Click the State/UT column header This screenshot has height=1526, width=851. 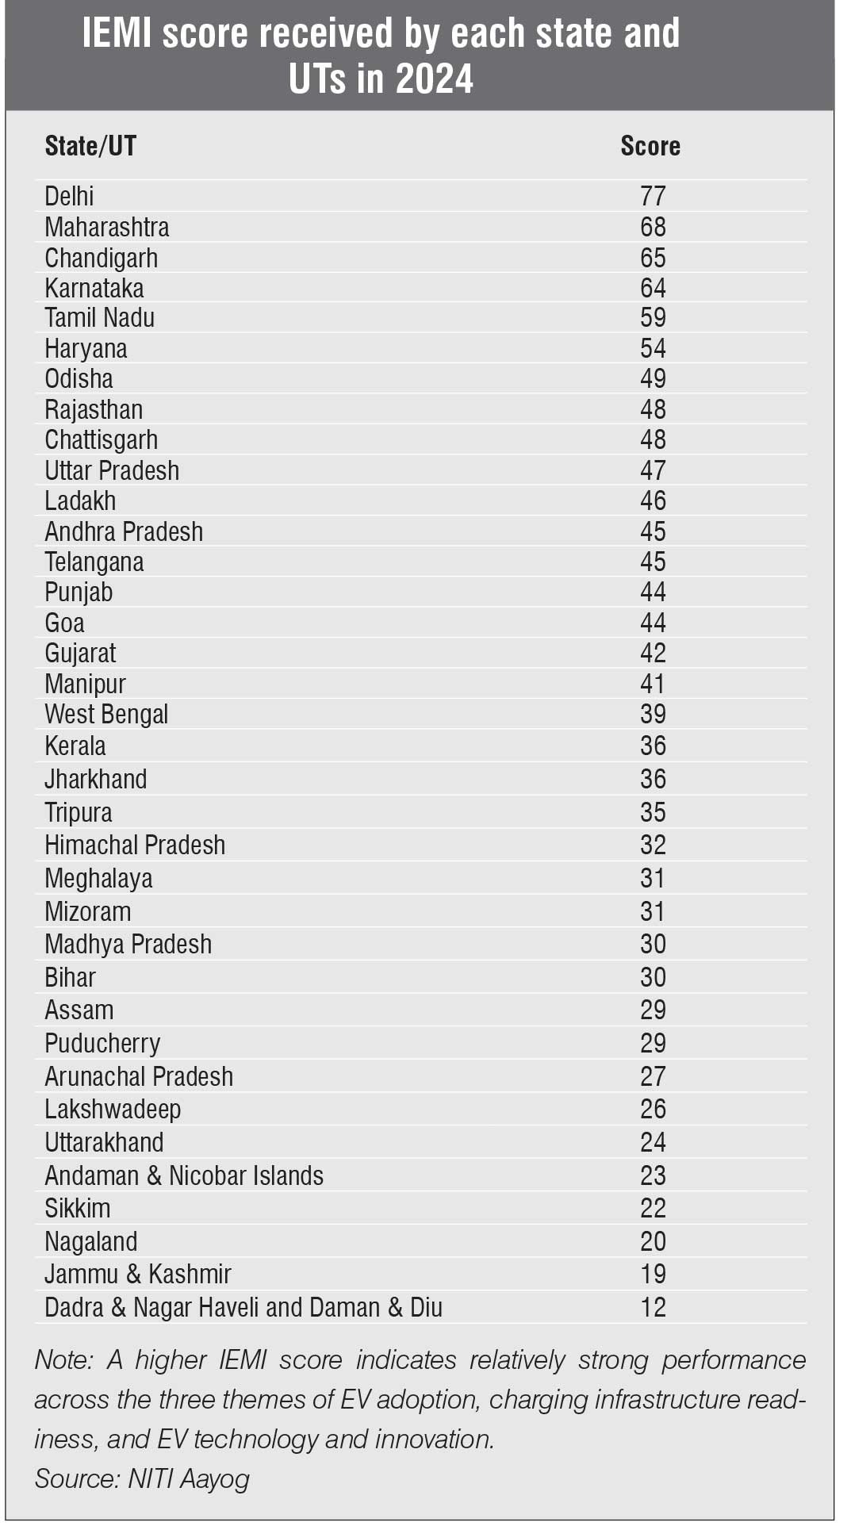[90, 146]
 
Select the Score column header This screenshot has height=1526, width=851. [650, 146]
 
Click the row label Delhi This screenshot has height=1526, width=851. [69, 196]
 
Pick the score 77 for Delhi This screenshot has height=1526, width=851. [653, 196]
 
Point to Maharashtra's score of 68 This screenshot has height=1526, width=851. [653, 227]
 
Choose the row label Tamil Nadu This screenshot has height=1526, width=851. [99, 317]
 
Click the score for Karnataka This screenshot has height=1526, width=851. [653, 288]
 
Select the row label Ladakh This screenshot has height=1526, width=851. [80, 500]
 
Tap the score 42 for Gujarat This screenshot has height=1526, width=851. [653, 653]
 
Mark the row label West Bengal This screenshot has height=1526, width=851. [106, 714]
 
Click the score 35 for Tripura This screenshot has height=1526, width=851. [653, 812]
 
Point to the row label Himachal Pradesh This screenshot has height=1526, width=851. [135, 845]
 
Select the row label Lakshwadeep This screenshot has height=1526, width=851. [113, 1109]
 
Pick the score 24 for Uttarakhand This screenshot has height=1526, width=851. [653, 1142]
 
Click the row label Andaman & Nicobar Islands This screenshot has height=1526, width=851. [184, 1175]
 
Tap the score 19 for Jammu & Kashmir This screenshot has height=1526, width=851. [653, 1274]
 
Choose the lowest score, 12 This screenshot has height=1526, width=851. [653, 1307]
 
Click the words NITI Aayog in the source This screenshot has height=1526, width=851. [189, 1478]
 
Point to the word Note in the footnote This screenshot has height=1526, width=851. [63, 1359]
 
